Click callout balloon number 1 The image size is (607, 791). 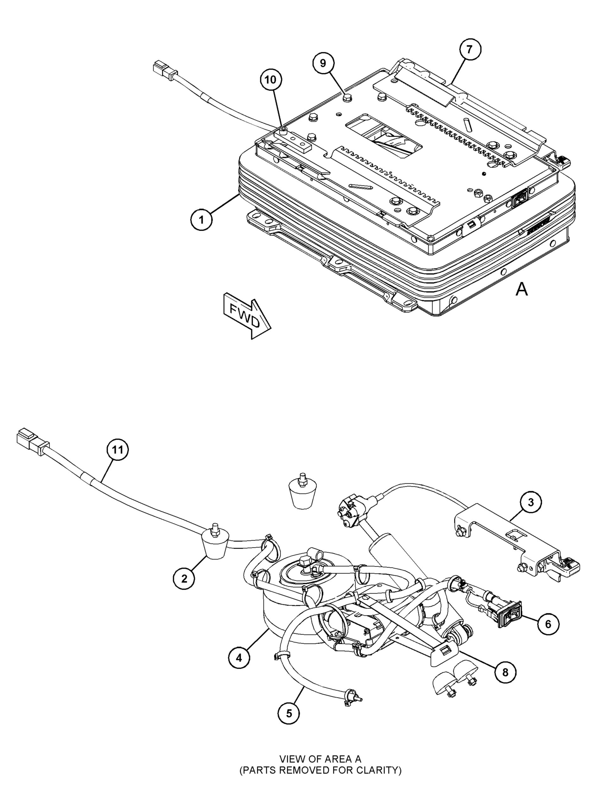coord(201,220)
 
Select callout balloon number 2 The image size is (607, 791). coord(184,578)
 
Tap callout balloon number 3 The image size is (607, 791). coord(530,502)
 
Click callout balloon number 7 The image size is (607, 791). coord(469,49)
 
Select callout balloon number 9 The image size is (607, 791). coord(323,63)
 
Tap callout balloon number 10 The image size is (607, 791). coord(271,80)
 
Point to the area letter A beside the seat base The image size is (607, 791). coord(522,289)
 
